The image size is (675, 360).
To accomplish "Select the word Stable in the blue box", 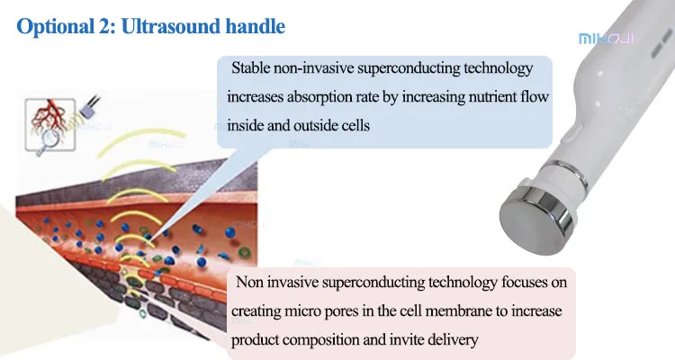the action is [251, 68].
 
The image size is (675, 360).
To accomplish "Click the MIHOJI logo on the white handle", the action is [606, 39].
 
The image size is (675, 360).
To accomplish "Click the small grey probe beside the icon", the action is [89, 109].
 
